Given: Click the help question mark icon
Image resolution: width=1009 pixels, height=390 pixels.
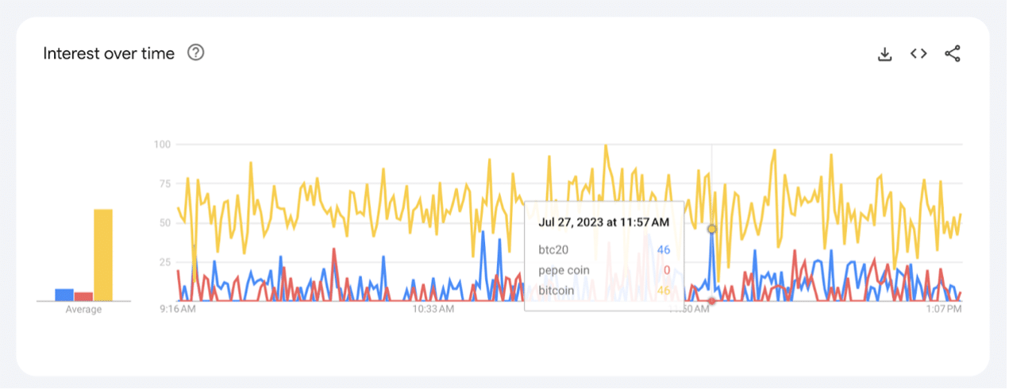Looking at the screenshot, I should point(195,53).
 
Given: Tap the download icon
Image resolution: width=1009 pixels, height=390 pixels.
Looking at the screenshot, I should point(884,54).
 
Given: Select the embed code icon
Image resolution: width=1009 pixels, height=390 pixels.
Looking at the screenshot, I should point(918,54).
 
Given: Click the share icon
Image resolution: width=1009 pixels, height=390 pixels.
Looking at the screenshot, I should point(953,54).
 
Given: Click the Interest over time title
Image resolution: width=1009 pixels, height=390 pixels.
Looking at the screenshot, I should point(109,54).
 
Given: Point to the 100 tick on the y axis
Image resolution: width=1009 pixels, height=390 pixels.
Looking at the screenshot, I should point(162,145).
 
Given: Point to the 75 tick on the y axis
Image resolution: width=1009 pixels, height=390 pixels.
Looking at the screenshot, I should point(164,183).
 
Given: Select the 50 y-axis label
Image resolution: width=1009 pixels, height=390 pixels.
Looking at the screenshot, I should point(164,223).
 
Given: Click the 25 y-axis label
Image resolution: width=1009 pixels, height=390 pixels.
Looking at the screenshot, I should point(164,262).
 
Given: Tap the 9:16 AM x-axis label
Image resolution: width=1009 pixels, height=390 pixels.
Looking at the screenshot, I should point(179,309).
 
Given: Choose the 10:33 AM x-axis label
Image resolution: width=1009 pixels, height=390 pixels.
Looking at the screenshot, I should point(433,309).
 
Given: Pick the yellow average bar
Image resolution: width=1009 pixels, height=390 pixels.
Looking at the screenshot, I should point(103,255).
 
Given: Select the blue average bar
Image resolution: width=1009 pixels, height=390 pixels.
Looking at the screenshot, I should point(64,295).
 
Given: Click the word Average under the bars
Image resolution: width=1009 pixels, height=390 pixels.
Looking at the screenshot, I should point(83,310).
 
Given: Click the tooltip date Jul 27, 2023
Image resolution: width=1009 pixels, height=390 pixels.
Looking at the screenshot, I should point(603,222).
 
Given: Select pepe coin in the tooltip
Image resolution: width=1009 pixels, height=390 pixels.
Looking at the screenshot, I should point(564,270).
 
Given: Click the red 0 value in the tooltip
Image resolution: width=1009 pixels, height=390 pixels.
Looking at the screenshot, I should point(667,270).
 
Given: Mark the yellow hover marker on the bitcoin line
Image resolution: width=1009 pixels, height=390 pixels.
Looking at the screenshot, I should point(711,229).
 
